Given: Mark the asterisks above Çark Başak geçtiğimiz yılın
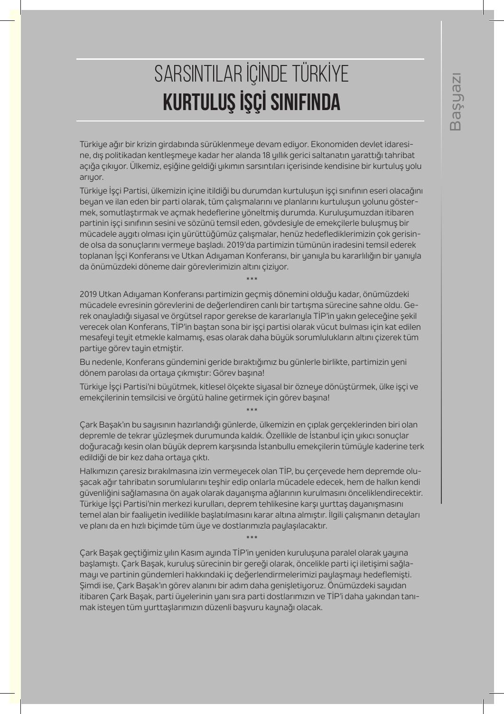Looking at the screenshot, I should pos(252,538).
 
